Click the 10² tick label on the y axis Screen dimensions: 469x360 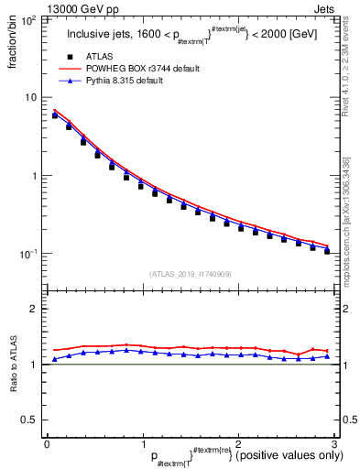29,19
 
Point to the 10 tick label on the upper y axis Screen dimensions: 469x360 31,97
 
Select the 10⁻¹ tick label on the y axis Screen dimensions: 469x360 28,254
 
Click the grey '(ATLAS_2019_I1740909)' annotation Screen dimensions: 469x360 190,274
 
